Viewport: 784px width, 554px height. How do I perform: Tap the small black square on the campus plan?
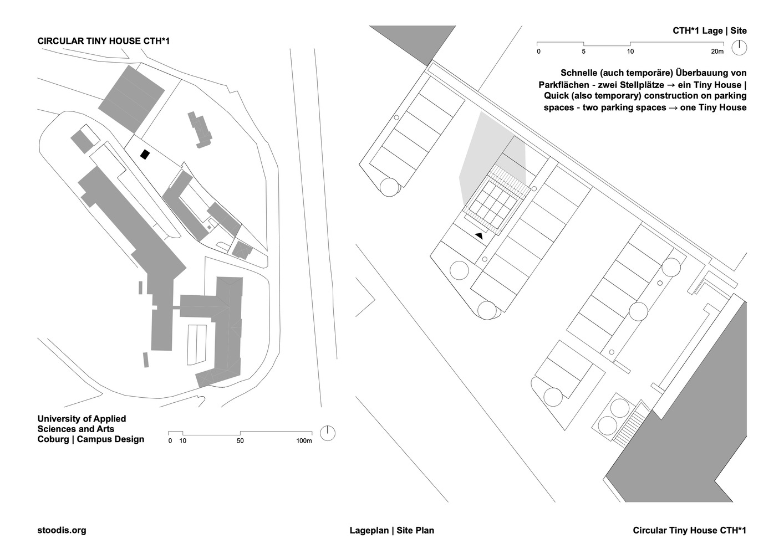(x=145, y=155)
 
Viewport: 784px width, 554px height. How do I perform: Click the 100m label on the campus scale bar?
(x=304, y=441)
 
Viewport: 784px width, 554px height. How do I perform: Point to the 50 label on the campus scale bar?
(x=240, y=441)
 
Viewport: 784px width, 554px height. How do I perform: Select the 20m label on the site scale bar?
(x=717, y=52)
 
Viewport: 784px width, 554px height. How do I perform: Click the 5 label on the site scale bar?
(x=584, y=52)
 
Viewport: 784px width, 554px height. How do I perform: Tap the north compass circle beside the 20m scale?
(x=739, y=48)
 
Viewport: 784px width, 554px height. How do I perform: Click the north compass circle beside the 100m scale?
(x=328, y=433)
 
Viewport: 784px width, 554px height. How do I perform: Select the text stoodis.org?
(x=62, y=530)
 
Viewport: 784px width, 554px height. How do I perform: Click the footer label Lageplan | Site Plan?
(x=391, y=530)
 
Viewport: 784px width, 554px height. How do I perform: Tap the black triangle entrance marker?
(x=479, y=236)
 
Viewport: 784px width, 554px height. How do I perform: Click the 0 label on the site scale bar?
(x=538, y=52)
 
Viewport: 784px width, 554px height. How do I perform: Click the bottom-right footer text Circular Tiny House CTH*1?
(x=689, y=530)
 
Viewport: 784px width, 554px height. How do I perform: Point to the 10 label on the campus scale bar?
(x=182, y=441)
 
